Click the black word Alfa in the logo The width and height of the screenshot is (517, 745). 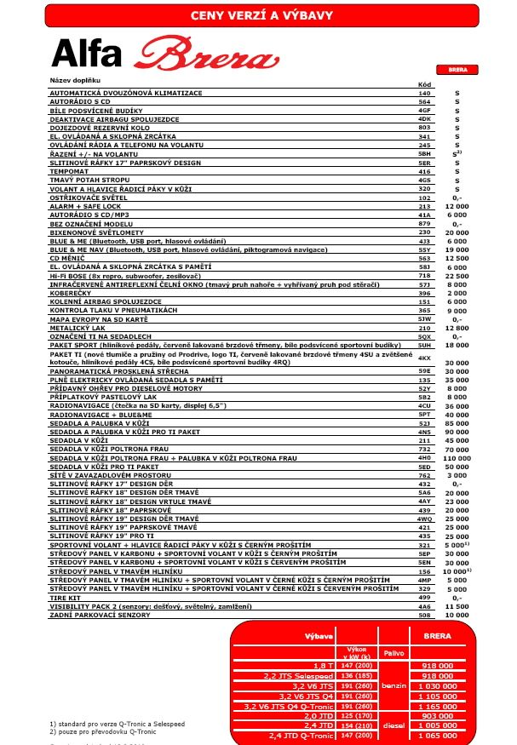(86, 54)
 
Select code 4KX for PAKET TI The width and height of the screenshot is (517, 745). (424, 358)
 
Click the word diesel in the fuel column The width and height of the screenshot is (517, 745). (392, 726)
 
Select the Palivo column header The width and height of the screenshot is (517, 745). (392, 654)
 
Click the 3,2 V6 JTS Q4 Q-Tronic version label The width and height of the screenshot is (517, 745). (284, 706)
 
